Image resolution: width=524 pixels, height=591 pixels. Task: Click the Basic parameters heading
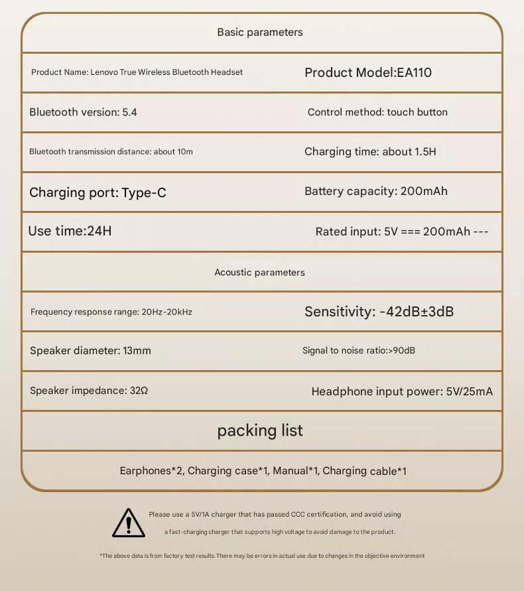tap(260, 32)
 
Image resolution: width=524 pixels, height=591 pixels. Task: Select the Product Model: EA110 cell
tap(368, 72)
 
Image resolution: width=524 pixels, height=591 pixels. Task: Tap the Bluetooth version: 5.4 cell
tap(83, 112)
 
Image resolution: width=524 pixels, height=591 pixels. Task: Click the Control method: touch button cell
tap(377, 112)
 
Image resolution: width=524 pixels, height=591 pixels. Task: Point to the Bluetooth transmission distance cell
tap(111, 151)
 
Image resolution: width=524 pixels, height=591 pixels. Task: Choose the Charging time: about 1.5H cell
tap(370, 151)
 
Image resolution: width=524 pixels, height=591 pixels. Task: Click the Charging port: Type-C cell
tap(98, 192)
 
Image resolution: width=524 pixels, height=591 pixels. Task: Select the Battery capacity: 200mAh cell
tap(376, 191)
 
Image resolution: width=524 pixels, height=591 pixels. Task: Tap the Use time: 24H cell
tap(70, 231)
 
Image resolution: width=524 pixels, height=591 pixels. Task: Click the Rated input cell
tap(402, 231)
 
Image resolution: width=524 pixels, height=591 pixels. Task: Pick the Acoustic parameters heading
tap(259, 272)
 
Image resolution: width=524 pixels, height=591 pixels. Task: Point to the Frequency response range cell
tap(111, 312)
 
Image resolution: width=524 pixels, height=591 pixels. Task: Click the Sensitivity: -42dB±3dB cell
tap(379, 311)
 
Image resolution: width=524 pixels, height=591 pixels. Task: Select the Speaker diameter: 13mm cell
tap(90, 350)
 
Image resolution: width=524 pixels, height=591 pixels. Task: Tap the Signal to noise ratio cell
tap(359, 350)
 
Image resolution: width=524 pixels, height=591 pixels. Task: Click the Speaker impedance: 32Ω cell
tap(89, 391)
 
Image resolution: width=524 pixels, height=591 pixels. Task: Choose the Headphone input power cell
tap(402, 391)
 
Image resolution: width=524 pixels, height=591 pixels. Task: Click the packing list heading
tap(260, 430)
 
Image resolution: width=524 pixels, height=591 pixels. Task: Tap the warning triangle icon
tap(129, 523)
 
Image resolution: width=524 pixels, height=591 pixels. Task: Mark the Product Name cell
tap(137, 72)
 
